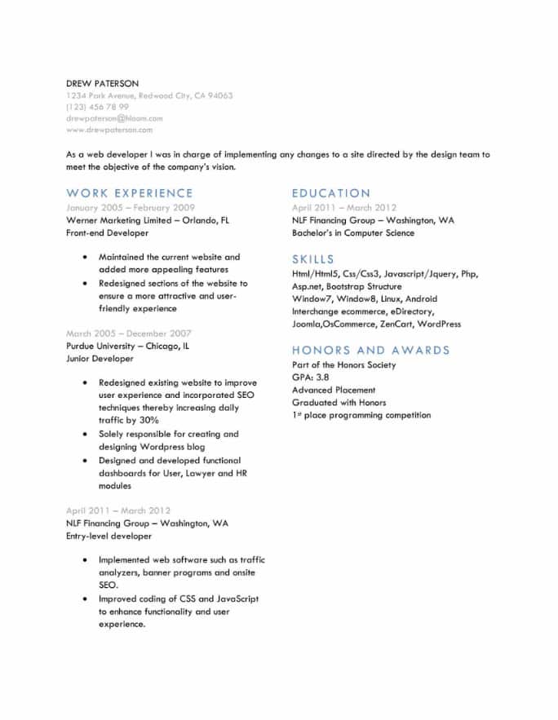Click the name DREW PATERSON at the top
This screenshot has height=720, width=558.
102,83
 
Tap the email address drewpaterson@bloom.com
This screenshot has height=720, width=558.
114,118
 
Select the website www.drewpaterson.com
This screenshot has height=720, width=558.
108,130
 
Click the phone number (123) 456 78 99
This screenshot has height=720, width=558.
97,107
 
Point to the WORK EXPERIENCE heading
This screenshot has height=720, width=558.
130,193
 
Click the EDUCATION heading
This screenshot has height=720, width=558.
331,193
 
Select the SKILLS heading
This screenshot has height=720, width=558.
313,259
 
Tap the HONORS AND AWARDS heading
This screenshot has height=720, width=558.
371,350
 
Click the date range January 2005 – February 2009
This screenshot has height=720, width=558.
131,208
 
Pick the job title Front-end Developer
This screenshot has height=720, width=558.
107,233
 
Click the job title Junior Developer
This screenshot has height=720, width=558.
100,358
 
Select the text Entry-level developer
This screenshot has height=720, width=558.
108,537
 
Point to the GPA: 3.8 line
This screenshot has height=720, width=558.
311,378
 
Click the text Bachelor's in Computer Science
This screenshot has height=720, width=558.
353,233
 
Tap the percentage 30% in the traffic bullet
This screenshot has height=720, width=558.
148,420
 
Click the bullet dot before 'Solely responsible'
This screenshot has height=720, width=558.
86,435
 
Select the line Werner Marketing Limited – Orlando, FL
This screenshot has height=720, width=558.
148,220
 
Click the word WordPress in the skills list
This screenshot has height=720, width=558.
440,324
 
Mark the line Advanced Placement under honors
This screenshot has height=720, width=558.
334,390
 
